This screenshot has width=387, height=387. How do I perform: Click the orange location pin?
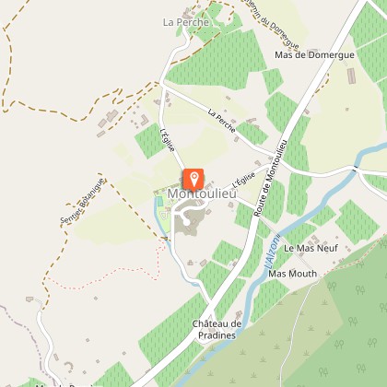(x=193, y=179)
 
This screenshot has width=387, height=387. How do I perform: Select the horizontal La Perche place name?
(x=182, y=21)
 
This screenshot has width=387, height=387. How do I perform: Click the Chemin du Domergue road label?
(x=274, y=25)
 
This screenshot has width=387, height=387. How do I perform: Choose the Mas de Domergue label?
(x=314, y=54)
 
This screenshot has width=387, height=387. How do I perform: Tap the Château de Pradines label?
(x=217, y=329)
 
